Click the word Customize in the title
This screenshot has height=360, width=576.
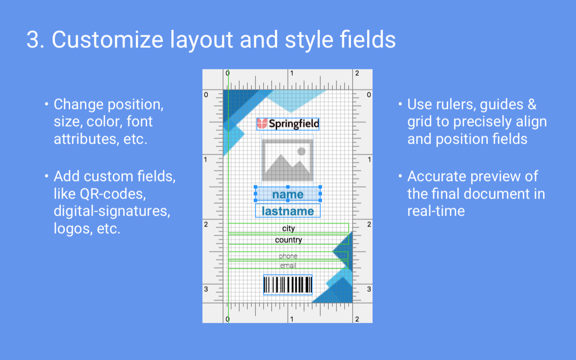point(108,40)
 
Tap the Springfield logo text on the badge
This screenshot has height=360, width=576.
point(294,124)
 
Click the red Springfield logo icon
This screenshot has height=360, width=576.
point(262,124)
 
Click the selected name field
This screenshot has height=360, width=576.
point(288,194)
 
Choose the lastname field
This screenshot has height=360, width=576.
point(288,211)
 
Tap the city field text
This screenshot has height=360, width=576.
point(288,228)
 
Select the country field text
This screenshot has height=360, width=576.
point(288,240)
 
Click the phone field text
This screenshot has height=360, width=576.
point(288,256)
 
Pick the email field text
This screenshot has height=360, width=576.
point(288,265)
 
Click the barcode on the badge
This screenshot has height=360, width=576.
point(288,285)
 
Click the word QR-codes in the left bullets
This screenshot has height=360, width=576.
point(113,194)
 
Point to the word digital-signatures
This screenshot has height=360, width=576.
point(112,211)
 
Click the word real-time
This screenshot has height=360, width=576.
point(436,211)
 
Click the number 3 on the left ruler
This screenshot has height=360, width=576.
point(206,289)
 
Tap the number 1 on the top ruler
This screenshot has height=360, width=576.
point(292,73)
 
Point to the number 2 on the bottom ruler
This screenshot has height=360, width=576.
point(357,319)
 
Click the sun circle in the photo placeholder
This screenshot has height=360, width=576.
point(301,152)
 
